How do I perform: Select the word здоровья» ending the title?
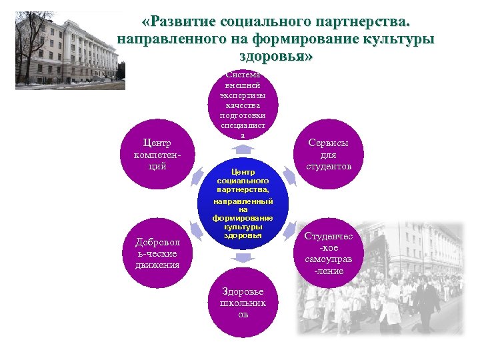(275, 57)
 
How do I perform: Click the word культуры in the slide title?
(398, 39)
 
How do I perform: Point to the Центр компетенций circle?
(157, 155)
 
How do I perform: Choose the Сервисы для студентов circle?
(328, 155)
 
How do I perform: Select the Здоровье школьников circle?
(243, 303)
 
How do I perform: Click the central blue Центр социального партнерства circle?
(243, 204)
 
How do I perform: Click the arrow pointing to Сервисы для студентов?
(288, 176)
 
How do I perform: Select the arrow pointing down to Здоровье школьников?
(243, 257)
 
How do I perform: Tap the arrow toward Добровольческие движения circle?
(198, 231)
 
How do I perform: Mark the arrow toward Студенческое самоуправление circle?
(288, 231)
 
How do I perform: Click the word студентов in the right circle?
(328, 167)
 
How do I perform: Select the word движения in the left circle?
(157, 265)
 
